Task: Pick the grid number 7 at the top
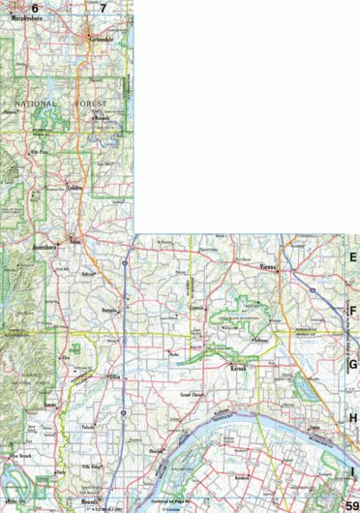click(x=103, y=8)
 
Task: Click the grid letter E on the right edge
click(x=353, y=258)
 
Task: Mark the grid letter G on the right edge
click(x=353, y=364)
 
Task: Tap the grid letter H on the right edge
click(x=353, y=417)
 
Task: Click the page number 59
click(x=351, y=503)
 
